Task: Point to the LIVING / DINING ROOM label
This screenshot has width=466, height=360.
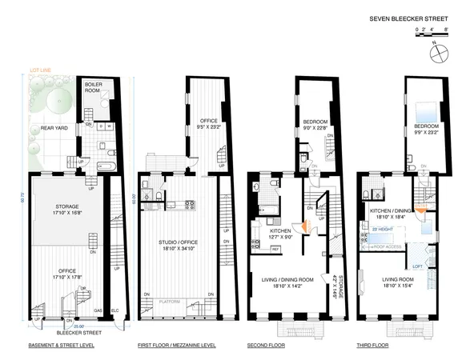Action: [277, 282]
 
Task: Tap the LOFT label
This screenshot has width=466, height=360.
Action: [417, 265]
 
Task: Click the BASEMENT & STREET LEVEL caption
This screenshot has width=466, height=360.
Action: [62, 345]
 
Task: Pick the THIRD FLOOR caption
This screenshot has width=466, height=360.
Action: [372, 345]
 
